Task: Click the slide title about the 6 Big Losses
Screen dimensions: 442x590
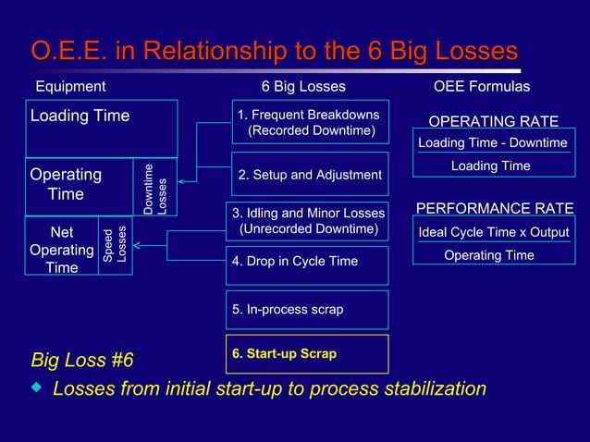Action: [x=275, y=50]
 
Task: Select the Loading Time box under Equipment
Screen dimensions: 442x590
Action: [x=101, y=129]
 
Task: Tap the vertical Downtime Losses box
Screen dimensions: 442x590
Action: [x=155, y=188]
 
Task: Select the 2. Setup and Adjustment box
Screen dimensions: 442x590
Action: [x=310, y=175]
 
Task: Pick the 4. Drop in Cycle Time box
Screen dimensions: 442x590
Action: [x=308, y=263]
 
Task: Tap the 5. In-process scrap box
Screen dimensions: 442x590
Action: [x=308, y=310]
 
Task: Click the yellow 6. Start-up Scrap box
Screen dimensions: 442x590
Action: [x=308, y=354]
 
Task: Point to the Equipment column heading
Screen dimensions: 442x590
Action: [x=70, y=87]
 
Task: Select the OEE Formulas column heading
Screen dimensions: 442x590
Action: [x=482, y=87]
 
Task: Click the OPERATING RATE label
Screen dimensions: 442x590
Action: [x=493, y=121]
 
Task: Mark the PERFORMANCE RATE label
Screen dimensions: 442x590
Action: [x=495, y=208]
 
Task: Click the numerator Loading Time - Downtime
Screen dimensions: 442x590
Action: [x=492, y=142]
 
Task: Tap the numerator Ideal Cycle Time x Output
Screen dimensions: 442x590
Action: [x=494, y=231]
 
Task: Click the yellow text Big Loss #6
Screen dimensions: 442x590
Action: [x=82, y=359]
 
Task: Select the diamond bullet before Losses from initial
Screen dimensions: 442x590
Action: [x=37, y=387]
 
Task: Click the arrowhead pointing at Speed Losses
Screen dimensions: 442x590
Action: [x=138, y=246]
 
